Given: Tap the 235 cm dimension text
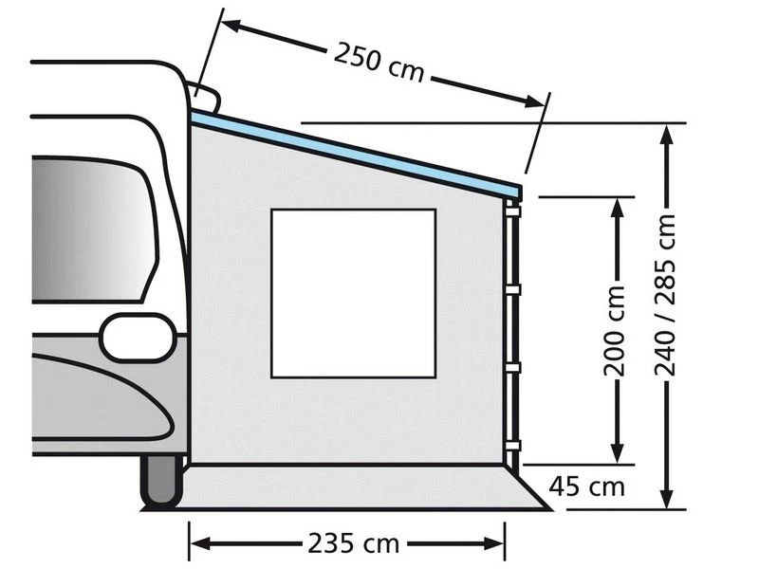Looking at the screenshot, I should point(346,543).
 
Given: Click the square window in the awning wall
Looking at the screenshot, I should point(353,292).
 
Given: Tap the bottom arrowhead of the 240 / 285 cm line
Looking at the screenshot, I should point(669,502).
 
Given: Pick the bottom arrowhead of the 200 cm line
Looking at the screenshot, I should point(618,456).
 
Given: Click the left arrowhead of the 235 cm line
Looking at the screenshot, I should point(198,543).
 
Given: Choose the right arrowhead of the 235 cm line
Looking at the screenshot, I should point(496,543).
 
